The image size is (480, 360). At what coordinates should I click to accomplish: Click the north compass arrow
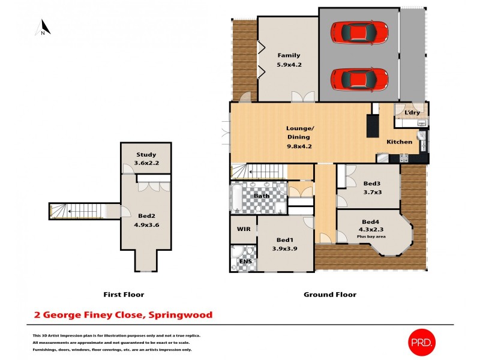click(43, 28)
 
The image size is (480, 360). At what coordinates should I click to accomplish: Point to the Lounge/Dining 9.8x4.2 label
click(299, 137)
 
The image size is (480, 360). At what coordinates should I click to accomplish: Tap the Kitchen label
click(399, 142)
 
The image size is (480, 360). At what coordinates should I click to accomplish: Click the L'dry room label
click(412, 113)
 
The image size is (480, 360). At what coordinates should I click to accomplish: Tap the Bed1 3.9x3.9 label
click(285, 244)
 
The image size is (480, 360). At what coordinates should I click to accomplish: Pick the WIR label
click(243, 229)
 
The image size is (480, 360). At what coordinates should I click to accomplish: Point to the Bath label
click(262, 196)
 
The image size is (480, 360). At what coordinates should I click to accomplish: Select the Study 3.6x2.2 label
click(146, 158)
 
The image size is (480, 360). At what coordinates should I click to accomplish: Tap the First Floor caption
click(124, 295)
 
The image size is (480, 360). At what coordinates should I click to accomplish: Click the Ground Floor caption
click(330, 295)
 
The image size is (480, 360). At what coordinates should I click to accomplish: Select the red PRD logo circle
click(423, 341)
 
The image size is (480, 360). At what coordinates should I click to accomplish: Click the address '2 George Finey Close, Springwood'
click(122, 314)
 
